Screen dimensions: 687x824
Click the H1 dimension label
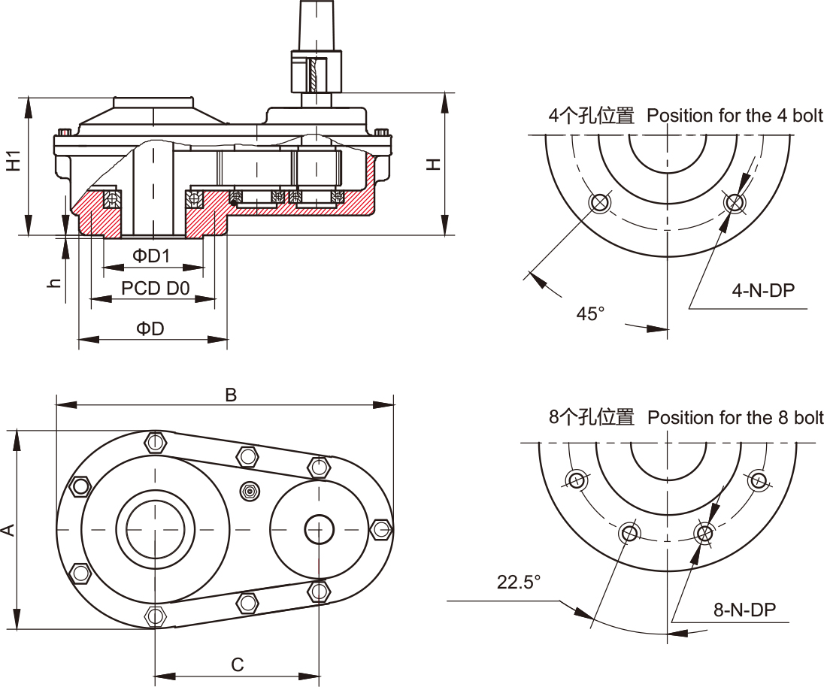pos(14,161)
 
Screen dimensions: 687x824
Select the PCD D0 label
pos(155,289)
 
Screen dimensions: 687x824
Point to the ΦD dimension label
pos(150,329)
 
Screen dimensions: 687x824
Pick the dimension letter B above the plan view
pos(231,395)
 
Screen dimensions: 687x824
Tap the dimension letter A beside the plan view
pos(8,530)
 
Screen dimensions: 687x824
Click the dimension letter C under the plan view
pos(237,664)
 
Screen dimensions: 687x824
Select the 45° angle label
pos(590,313)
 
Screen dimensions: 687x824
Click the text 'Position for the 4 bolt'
pos(735,116)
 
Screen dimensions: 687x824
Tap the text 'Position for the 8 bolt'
pos(735,417)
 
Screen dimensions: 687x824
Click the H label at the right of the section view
pos(434,162)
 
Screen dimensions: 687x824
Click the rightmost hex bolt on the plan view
pos(382,528)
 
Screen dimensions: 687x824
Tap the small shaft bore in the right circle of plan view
pos(318,529)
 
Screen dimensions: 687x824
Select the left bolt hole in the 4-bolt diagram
pos(600,202)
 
